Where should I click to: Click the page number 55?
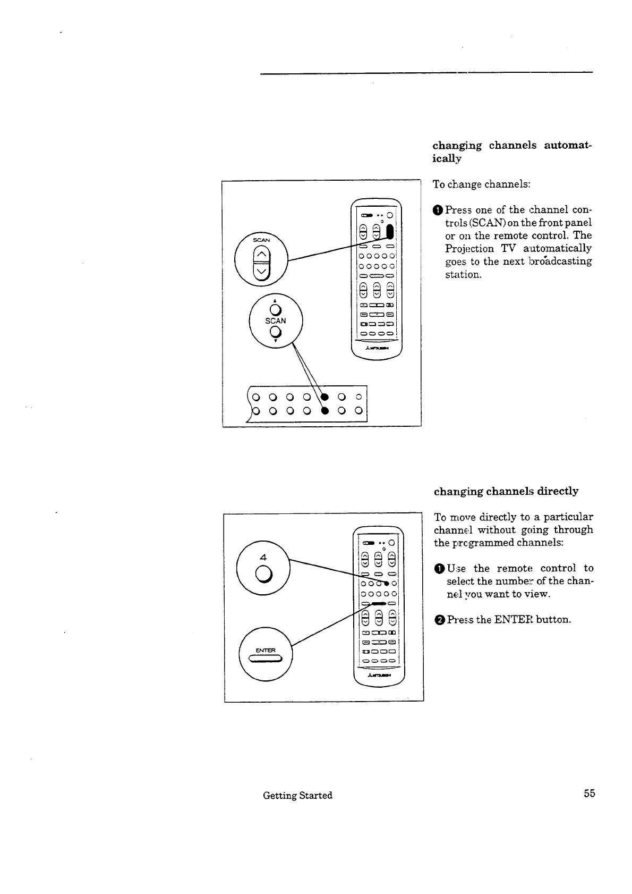(589, 794)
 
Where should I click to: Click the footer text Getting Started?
(297, 795)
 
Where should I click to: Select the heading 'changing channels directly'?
(506, 491)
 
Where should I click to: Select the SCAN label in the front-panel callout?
(275, 321)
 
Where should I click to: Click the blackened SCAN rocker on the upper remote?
(390, 232)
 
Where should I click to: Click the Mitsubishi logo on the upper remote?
(378, 349)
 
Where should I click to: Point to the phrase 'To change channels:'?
(482, 184)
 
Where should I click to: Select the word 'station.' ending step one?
(463, 275)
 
